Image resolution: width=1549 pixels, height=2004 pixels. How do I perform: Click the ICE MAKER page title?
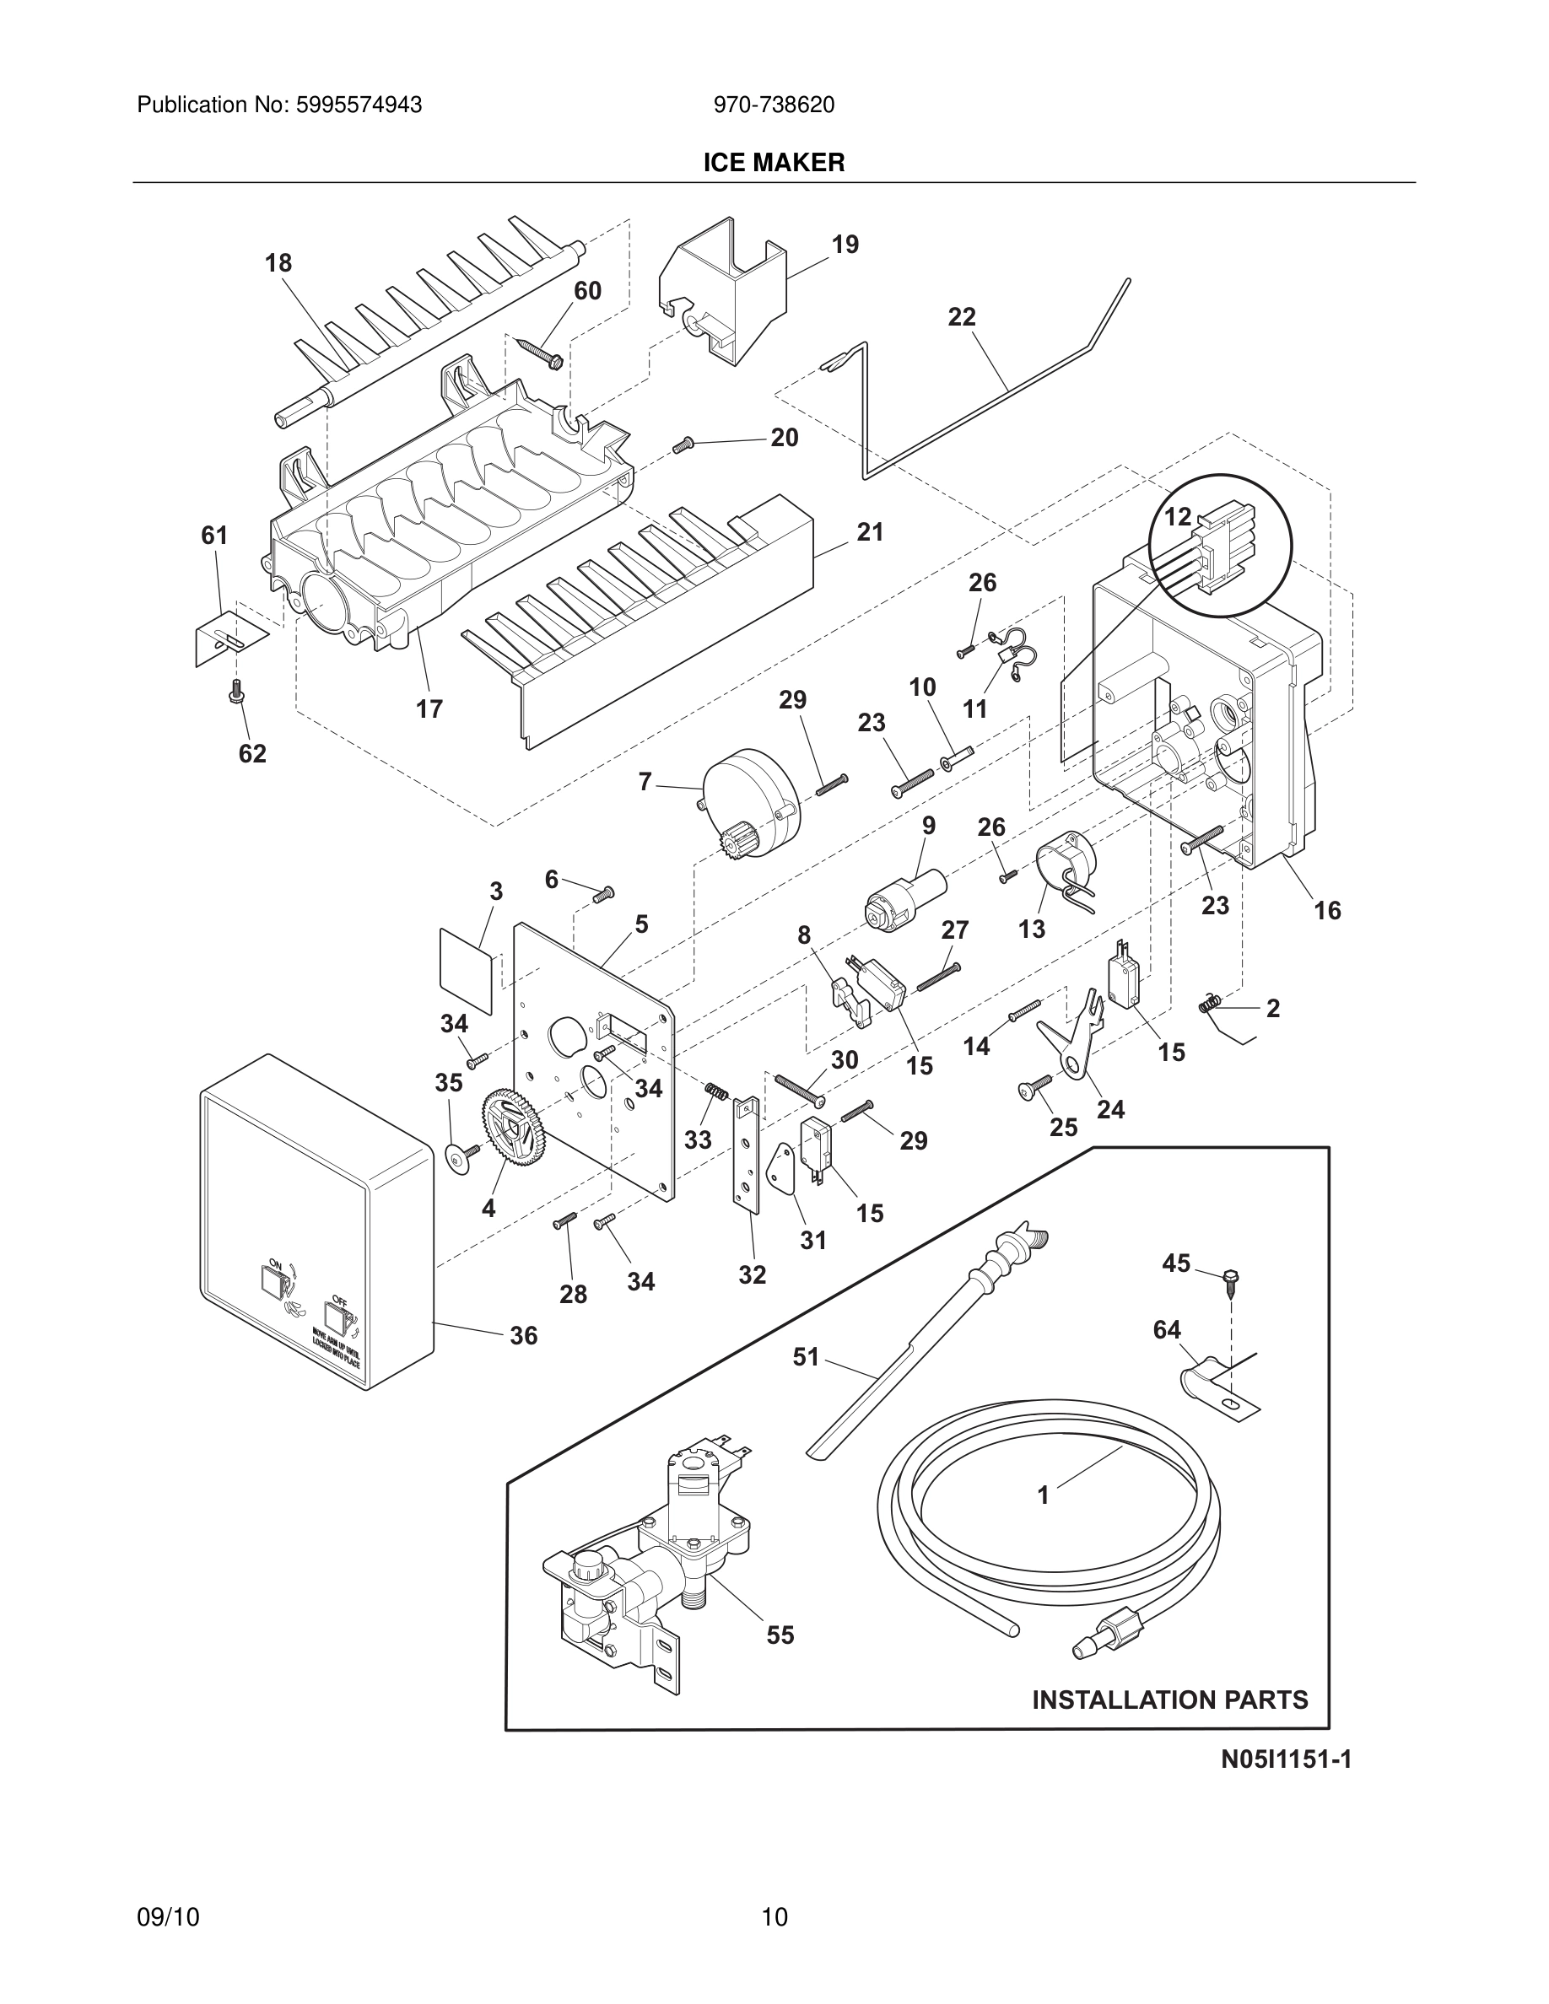(x=774, y=163)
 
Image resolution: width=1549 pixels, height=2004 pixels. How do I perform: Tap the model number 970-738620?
(x=774, y=105)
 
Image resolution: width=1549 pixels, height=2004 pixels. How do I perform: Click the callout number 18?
(x=278, y=263)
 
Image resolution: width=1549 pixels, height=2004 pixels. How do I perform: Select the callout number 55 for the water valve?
(x=780, y=1635)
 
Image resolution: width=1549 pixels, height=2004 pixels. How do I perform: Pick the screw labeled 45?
(x=1228, y=1280)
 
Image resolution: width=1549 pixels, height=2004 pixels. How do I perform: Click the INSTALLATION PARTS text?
(x=1170, y=1700)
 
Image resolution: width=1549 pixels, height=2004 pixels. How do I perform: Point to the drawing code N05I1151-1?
(x=1286, y=1760)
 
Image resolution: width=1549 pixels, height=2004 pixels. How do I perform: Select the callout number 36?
(x=524, y=1336)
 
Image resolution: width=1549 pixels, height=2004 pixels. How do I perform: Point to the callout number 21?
(x=870, y=532)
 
